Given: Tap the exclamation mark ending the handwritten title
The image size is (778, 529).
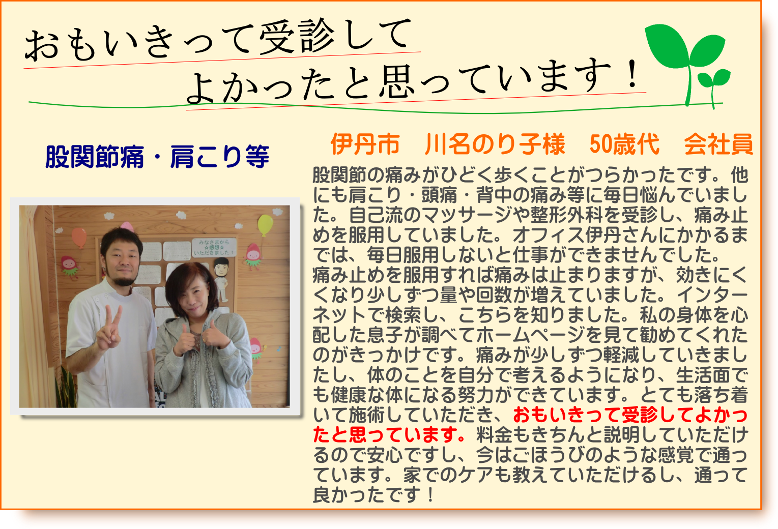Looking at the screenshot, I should point(632,75).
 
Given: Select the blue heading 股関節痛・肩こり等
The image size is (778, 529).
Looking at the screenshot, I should point(157,156).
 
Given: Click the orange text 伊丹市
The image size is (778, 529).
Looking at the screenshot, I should point(365,144).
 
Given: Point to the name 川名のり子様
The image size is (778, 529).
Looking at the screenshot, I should point(495,144).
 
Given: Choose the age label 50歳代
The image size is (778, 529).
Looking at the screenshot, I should point(624,144).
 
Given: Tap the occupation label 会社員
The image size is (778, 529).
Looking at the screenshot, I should point(718,144).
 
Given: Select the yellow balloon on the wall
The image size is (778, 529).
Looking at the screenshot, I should point(265,225).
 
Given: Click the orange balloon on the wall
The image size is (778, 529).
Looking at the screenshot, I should point(79,237).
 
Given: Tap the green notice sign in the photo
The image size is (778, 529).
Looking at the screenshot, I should point(214,247).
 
